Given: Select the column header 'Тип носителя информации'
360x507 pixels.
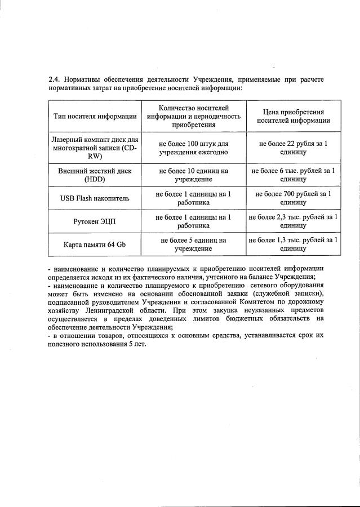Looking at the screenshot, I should coord(95,116).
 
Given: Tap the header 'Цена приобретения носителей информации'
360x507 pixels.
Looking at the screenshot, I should coord(293,116).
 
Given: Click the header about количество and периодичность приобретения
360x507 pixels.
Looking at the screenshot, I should coord(193,116).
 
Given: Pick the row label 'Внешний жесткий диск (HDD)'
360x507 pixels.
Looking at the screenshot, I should coord(95,174).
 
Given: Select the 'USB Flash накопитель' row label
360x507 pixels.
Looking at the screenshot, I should coord(95,198).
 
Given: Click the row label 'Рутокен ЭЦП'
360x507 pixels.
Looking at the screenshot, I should coord(95,221).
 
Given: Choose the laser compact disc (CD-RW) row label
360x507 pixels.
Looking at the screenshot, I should coord(95,148).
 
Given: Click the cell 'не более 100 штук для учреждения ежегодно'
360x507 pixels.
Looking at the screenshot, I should coord(193,148).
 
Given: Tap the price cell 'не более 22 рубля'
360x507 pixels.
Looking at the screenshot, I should coord(293,148).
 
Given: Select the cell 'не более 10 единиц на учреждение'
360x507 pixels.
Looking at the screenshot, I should coord(193,174).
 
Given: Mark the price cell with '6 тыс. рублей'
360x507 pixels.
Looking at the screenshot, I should coord(293,174).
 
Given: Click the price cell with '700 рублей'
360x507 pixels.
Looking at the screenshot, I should coord(293,198).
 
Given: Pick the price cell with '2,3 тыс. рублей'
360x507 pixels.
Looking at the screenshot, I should coord(293,221).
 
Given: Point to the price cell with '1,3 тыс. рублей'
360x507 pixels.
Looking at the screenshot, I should coord(293,244).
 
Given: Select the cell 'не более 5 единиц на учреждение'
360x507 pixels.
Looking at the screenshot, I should coord(193,244).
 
